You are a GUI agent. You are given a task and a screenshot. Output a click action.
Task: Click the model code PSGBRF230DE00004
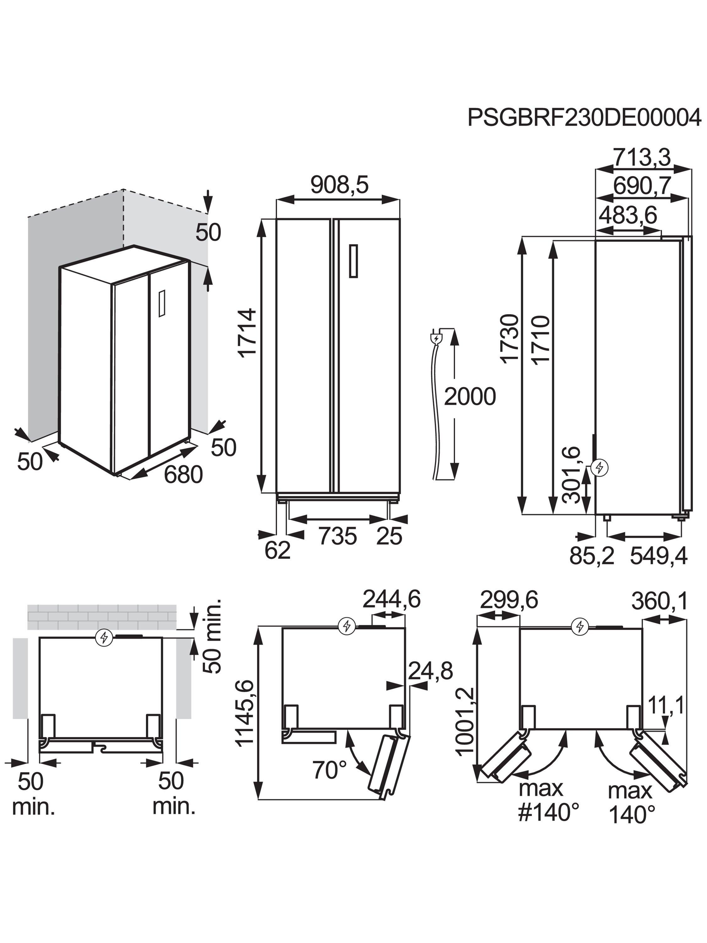click(584, 117)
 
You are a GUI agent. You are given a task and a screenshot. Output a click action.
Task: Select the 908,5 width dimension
click(339, 185)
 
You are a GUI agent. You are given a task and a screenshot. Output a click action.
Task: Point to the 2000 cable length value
click(470, 396)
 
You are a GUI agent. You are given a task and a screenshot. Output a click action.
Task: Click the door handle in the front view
click(353, 261)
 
